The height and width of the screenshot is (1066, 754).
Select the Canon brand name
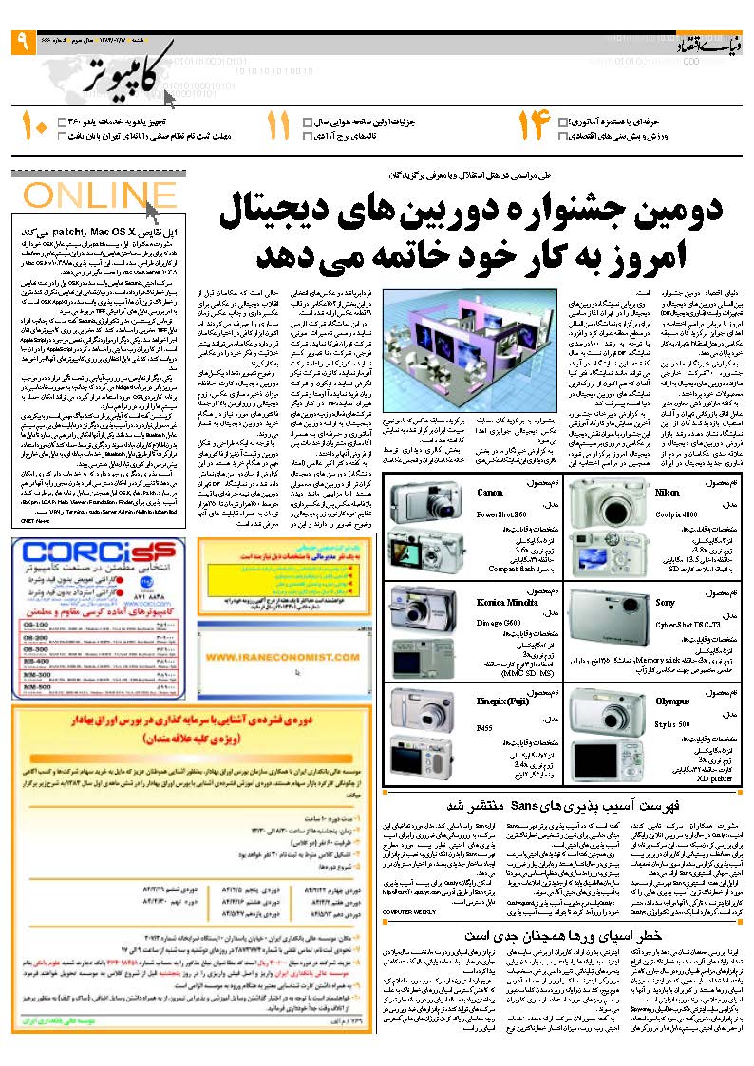click(490, 493)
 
